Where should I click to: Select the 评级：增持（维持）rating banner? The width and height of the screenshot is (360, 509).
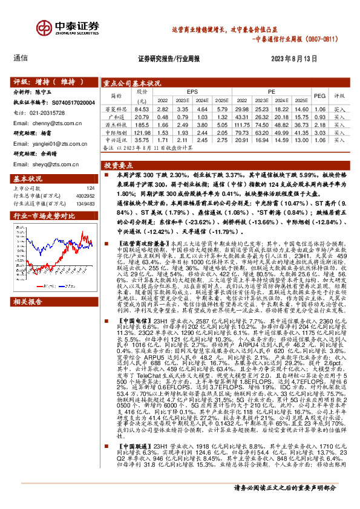coord(45,80)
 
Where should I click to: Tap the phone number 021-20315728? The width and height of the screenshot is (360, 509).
coord(51,112)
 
